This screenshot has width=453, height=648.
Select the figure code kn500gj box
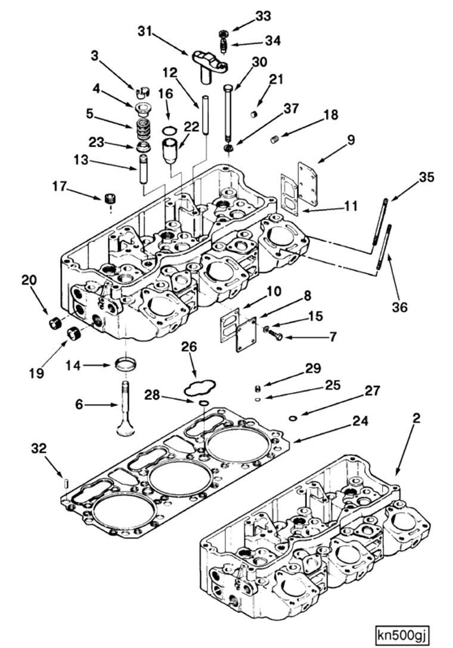(402, 633)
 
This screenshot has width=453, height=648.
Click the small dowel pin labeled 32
(67, 481)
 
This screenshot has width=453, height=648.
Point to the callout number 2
(416, 419)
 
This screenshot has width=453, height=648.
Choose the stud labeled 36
(383, 249)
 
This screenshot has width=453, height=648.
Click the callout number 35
(426, 177)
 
